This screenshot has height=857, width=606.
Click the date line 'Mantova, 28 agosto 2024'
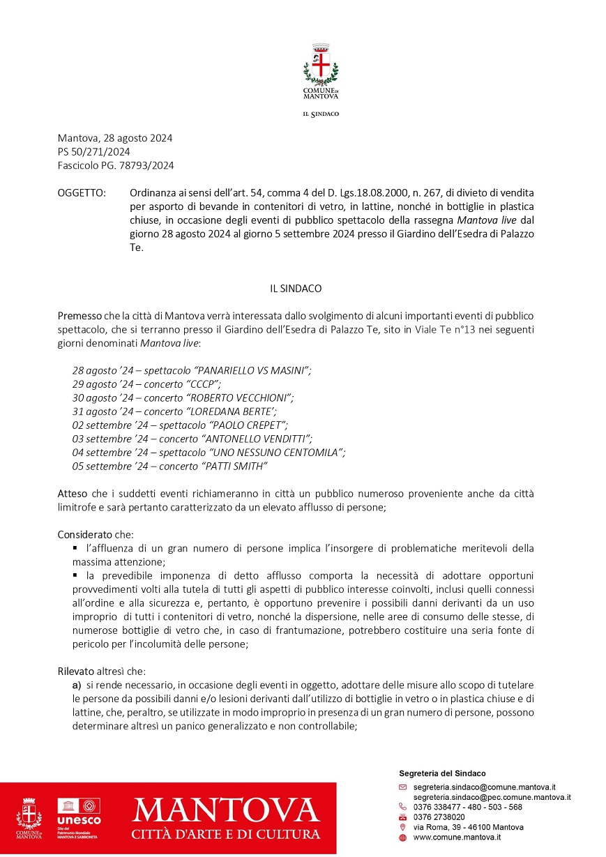click(115, 138)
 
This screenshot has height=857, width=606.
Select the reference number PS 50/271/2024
click(93, 152)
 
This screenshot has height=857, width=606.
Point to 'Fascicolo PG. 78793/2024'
click(116, 166)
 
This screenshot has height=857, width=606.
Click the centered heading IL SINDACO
click(296, 288)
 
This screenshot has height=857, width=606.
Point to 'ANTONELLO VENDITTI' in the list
click(256, 439)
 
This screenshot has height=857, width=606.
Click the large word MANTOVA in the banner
click(226, 810)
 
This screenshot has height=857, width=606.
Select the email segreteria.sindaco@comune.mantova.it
click(484, 787)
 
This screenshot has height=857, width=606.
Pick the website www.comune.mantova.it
click(457, 837)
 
